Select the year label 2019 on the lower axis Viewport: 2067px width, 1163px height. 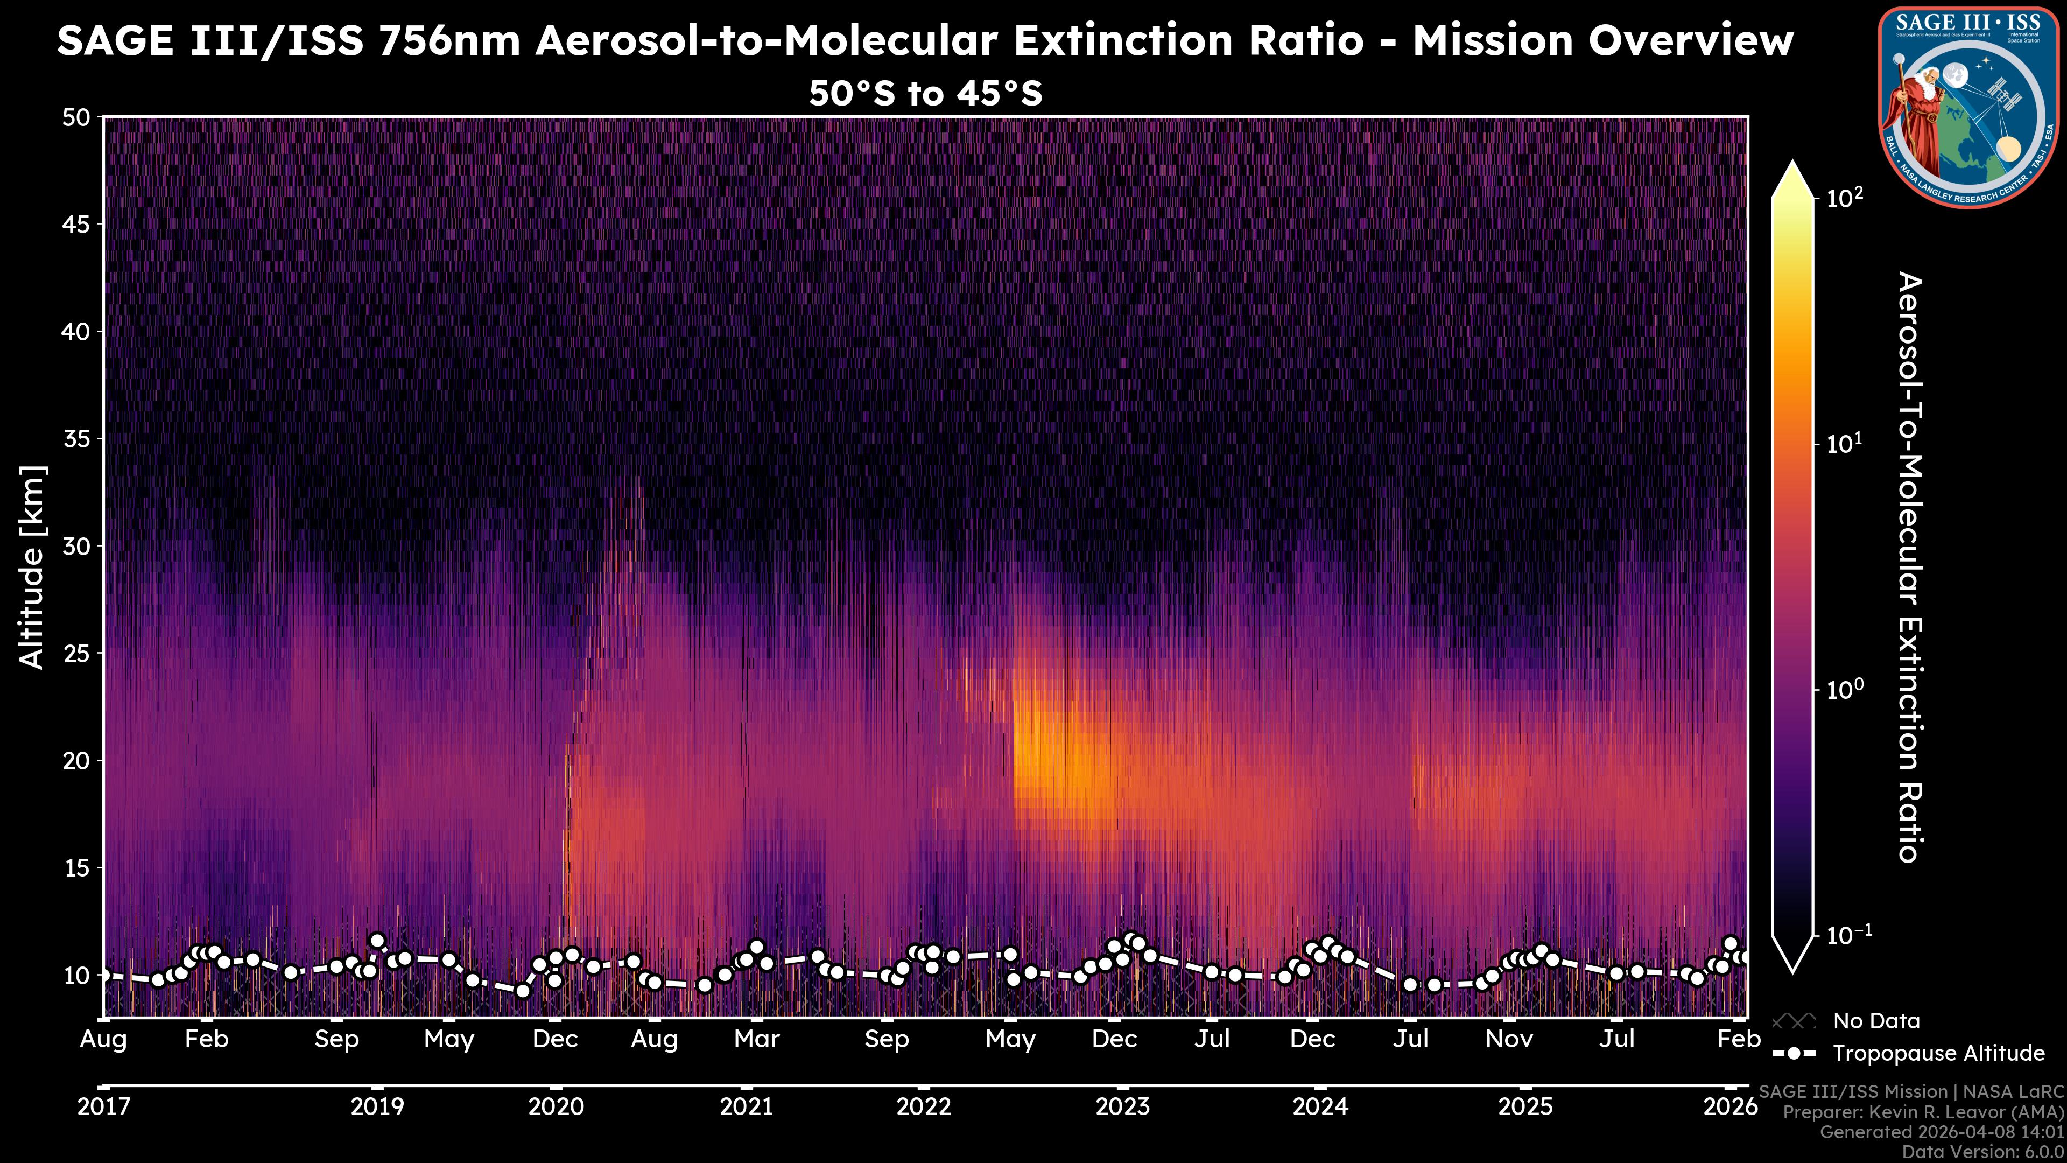click(x=377, y=1107)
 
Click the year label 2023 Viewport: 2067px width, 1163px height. click(x=1122, y=1107)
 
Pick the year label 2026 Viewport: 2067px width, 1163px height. click(x=1730, y=1107)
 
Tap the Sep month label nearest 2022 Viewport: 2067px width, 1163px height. click(x=887, y=1039)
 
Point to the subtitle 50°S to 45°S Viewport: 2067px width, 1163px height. click(x=925, y=94)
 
